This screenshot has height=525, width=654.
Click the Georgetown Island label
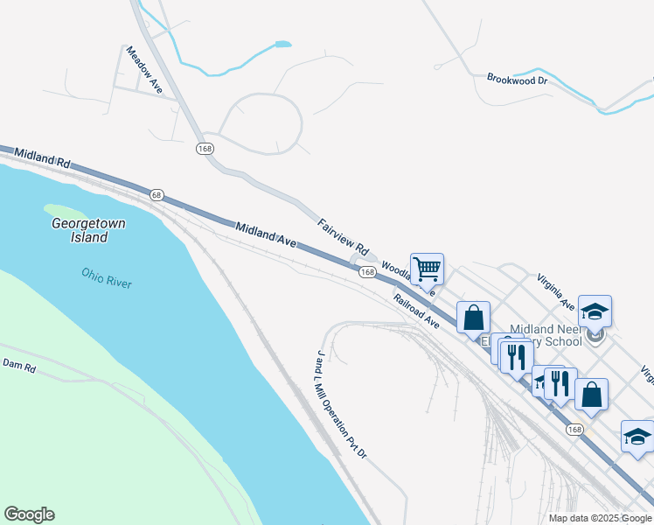87,230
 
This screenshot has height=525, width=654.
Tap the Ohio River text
106,278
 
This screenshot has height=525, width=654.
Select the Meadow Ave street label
144,70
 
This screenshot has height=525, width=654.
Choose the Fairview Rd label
344,235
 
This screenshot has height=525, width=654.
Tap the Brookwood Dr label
517,79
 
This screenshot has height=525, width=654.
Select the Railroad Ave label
416,311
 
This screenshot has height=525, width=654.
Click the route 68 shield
157,194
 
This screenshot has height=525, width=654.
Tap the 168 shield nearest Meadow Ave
205,149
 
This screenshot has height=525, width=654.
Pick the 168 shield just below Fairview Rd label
367,273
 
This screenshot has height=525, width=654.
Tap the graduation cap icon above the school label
595,311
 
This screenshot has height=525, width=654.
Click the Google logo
29,514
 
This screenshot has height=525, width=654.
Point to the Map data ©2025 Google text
600,518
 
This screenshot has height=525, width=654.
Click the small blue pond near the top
282,44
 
